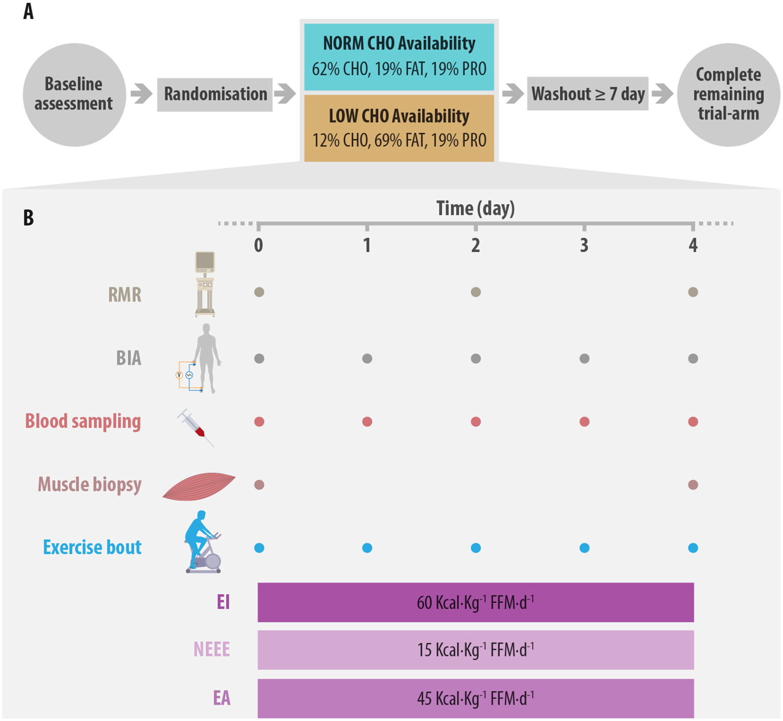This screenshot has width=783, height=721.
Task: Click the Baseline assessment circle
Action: tap(74, 95)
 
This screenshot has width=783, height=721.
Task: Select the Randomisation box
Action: tap(215, 95)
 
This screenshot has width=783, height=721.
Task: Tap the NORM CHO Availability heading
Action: tap(399, 43)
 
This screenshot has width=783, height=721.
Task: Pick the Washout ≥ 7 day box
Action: tap(588, 94)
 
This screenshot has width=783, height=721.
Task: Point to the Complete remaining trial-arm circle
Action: tap(728, 95)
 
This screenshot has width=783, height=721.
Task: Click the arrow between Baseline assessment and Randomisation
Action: tap(141, 94)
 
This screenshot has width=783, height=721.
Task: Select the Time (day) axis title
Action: tap(476, 208)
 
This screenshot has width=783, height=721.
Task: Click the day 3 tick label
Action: tap(584, 245)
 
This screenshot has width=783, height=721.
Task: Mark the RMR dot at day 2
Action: tap(476, 292)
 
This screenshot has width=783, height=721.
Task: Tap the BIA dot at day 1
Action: tap(367, 359)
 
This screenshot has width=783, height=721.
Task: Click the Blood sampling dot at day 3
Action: tap(584, 422)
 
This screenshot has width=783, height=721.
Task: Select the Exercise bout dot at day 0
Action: tap(259, 548)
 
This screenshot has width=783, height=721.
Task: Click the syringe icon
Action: tap(196, 428)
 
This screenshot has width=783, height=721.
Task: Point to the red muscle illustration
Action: tap(199, 486)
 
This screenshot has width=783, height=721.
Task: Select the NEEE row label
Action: tap(212, 649)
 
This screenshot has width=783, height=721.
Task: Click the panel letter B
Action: tap(28, 218)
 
